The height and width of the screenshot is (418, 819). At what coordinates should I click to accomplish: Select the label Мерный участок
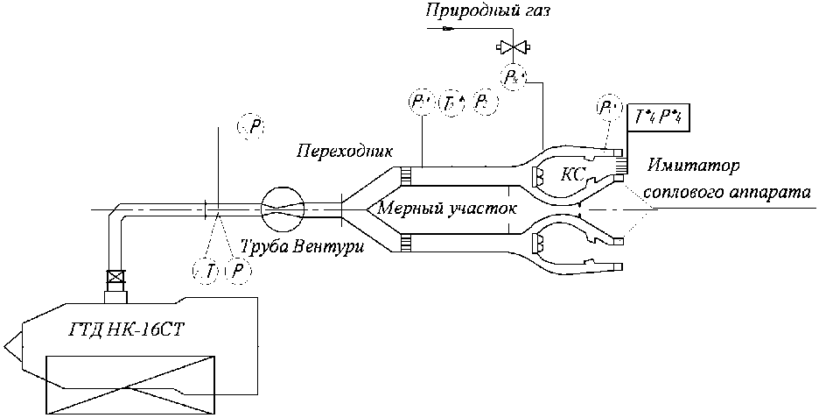click(x=443, y=209)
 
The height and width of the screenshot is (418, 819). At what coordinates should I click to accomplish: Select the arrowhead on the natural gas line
click(x=448, y=28)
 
